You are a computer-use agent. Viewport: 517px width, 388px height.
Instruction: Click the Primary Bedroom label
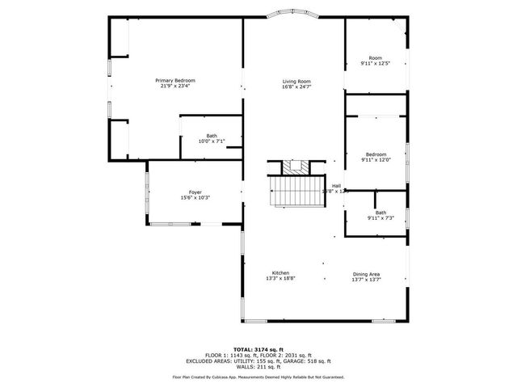point(175,80)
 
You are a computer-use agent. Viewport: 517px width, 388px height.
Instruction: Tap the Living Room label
point(296,81)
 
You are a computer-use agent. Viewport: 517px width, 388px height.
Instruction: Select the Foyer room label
point(195,192)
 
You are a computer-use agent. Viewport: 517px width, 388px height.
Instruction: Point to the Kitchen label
point(280,273)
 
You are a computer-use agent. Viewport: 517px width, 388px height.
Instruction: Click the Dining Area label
point(366,273)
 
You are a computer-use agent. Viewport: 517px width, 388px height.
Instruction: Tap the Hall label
point(335,186)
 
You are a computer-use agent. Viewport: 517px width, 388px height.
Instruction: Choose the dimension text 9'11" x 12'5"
point(375,63)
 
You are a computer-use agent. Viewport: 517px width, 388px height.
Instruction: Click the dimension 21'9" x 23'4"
point(175,86)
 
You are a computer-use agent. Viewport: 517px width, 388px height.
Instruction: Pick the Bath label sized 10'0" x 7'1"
point(211,136)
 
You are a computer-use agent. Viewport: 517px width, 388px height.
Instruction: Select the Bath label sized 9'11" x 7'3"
point(380,213)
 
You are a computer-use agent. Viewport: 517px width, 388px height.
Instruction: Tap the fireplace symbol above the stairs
point(296,167)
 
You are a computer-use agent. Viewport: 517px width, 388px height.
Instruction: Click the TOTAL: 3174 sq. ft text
point(258,348)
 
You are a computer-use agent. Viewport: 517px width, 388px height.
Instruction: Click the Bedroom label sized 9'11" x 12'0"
point(375,154)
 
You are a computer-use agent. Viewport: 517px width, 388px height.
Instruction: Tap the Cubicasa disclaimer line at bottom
point(258,377)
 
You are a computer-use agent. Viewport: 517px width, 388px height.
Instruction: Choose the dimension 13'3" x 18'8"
point(280,279)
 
